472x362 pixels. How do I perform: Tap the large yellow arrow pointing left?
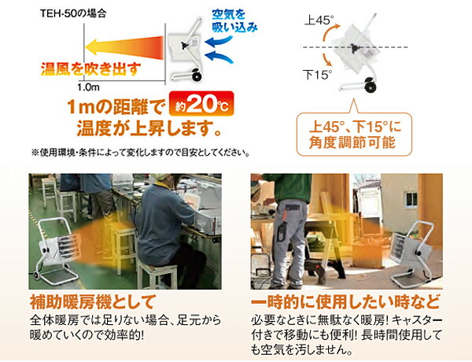(x=110, y=44)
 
